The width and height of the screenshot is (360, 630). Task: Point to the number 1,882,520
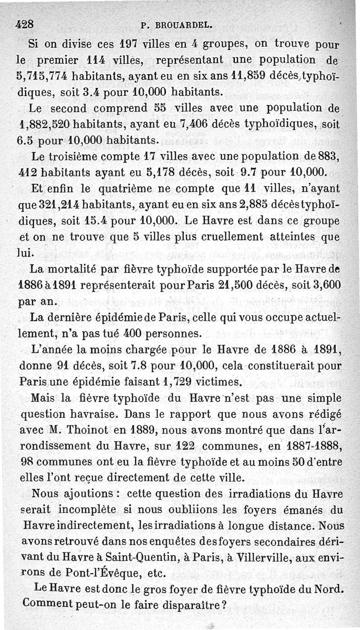(x=44, y=124)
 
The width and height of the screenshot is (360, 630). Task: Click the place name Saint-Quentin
(x=142, y=558)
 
